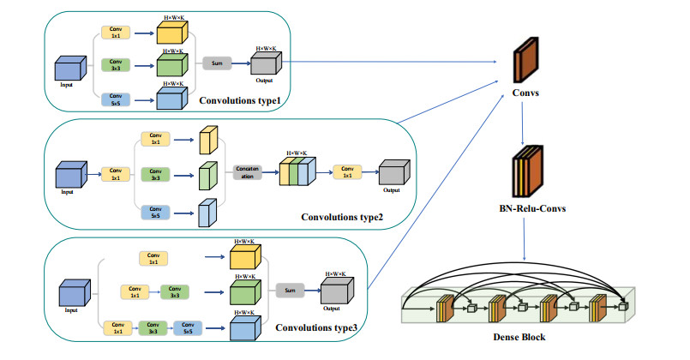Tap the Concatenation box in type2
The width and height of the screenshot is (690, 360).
click(248, 171)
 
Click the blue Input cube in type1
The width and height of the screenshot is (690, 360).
click(69, 69)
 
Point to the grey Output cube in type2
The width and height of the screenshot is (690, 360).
click(394, 173)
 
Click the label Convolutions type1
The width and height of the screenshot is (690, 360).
click(239, 101)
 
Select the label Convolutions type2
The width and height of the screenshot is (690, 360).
click(343, 216)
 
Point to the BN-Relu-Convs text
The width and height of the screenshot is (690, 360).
click(525, 207)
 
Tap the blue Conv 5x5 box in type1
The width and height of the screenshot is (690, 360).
click(117, 99)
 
